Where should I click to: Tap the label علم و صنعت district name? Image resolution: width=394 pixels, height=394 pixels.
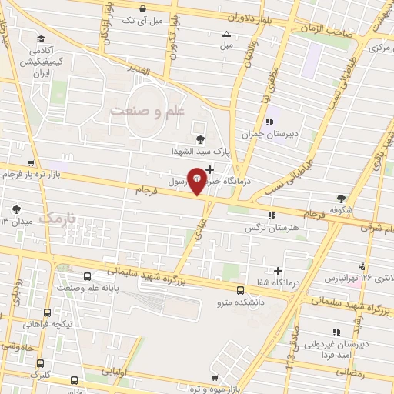[x=149, y=112]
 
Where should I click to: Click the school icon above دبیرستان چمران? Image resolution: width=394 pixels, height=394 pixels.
[x=269, y=121]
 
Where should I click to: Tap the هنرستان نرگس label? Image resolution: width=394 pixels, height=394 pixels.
[x=271, y=228]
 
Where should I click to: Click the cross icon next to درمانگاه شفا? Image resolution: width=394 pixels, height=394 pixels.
[x=278, y=270]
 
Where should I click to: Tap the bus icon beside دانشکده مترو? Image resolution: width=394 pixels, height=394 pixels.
[x=241, y=291]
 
